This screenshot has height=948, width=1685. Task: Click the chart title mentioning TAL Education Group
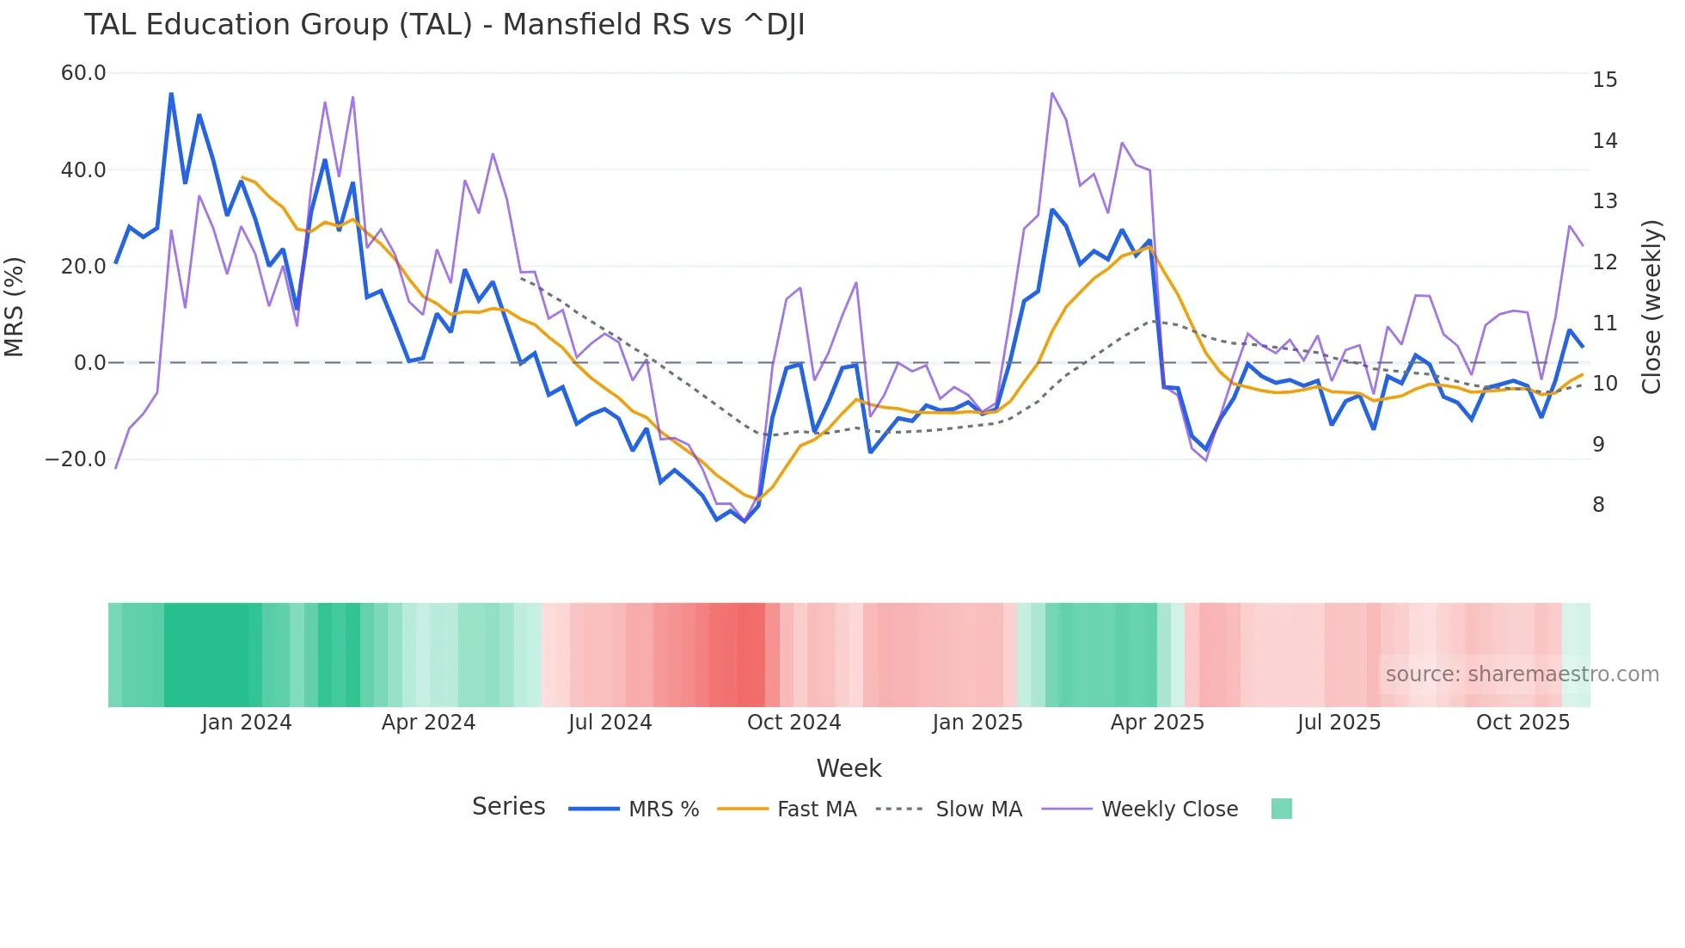[444, 25]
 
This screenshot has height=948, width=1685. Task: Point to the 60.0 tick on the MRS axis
[83, 73]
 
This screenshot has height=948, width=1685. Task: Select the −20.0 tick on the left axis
[76, 459]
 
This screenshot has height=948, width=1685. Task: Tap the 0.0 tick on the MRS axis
[89, 363]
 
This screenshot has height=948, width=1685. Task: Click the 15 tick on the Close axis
[1604, 80]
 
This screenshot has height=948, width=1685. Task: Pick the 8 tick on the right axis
[1598, 505]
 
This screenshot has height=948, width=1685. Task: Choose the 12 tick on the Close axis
[1604, 262]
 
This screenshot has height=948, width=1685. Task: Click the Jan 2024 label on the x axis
[247, 723]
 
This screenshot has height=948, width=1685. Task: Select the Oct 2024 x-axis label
[793, 723]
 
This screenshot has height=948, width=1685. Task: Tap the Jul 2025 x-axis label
[1339, 723]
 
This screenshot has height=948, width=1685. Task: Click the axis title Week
[849, 768]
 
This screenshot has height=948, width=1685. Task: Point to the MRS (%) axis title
[15, 306]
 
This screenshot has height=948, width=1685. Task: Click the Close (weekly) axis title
[1651, 306]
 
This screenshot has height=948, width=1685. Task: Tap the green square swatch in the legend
[1281, 809]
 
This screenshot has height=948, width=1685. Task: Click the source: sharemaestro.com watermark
[1522, 674]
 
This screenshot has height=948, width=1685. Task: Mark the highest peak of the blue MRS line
[171, 94]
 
